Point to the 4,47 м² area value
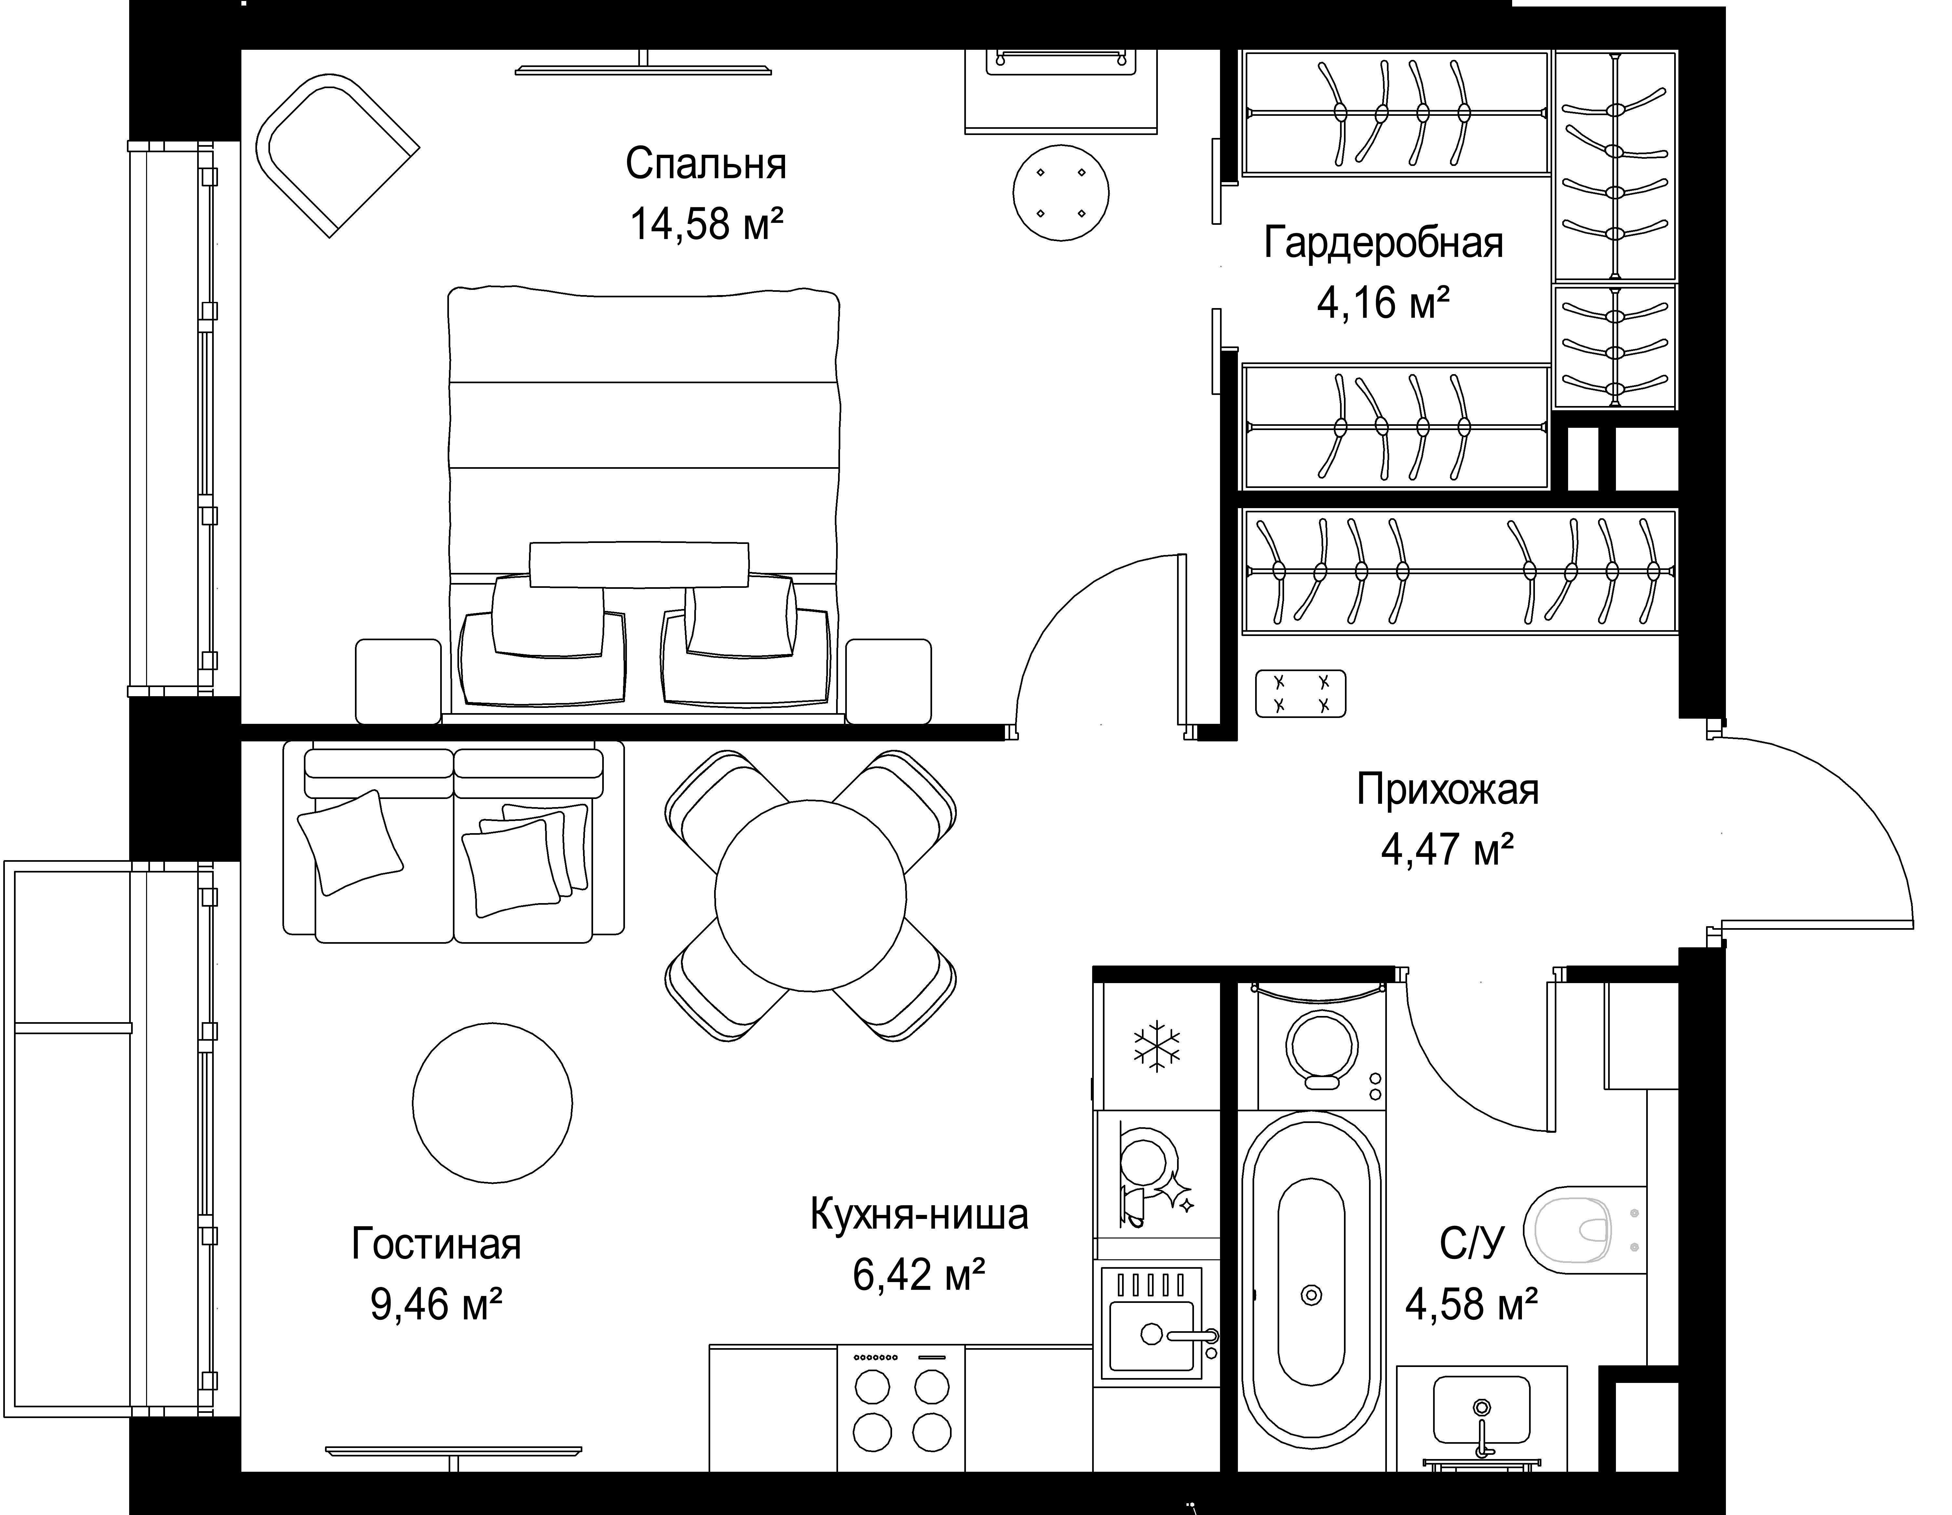tap(1447, 850)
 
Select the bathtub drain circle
tap(1311, 1294)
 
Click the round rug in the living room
tap(493, 1102)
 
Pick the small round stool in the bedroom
tap(1061, 193)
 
